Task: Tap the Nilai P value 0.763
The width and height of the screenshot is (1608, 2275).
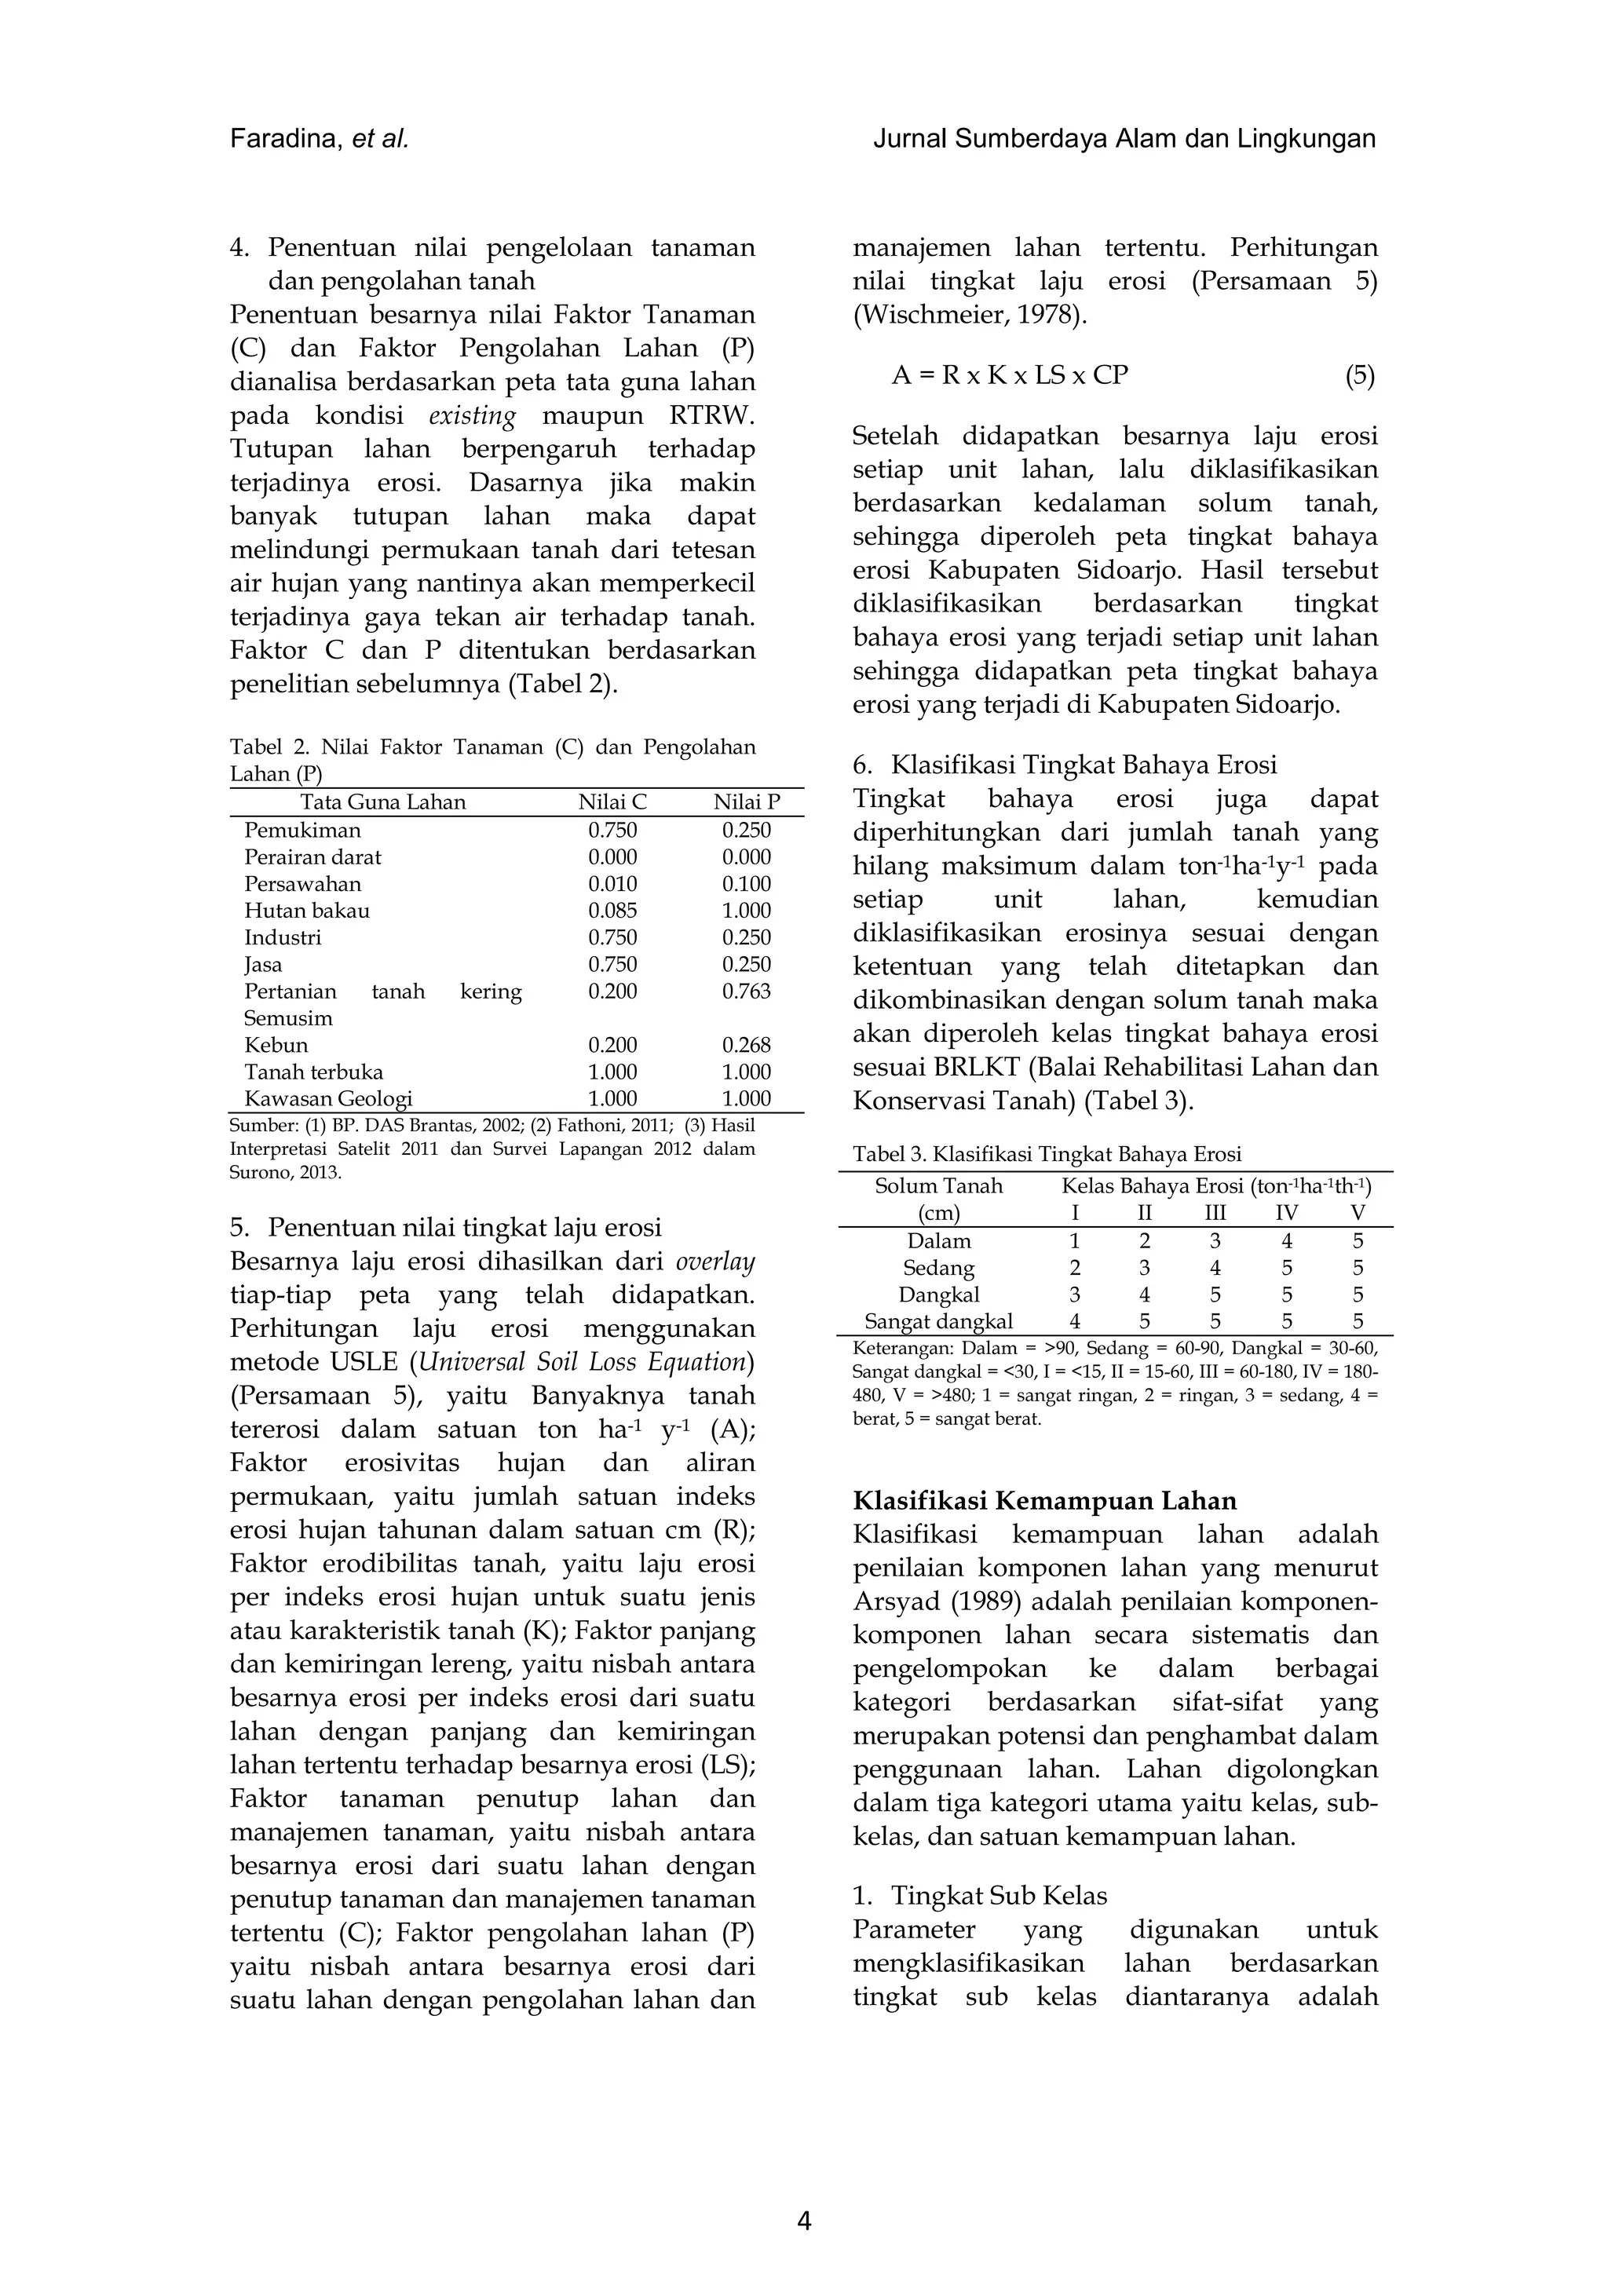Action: pyautogui.click(x=746, y=991)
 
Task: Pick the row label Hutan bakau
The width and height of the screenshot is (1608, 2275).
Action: pyautogui.click(x=306, y=911)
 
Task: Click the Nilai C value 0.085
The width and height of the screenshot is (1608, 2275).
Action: pyautogui.click(x=612, y=911)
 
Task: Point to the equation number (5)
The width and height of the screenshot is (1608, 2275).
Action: pyautogui.click(x=1359, y=375)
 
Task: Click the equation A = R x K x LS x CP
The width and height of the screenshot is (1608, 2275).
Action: pyautogui.click(x=1010, y=375)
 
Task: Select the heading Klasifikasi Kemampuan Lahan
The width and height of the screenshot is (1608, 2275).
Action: pyautogui.click(x=1044, y=1501)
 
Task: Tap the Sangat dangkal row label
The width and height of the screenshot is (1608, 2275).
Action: pyautogui.click(x=938, y=1322)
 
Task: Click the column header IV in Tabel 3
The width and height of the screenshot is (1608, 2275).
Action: pyautogui.click(x=1286, y=1213)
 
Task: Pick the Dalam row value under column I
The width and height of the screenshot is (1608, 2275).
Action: pyautogui.click(x=1075, y=1240)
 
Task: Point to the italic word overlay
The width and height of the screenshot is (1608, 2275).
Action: pyautogui.click(x=714, y=1262)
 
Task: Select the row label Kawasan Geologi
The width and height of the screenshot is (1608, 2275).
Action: pyautogui.click(x=328, y=1099)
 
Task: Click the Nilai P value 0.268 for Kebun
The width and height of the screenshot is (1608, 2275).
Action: pyautogui.click(x=746, y=1046)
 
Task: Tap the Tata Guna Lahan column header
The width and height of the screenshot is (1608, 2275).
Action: pyautogui.click(x=382, y=802)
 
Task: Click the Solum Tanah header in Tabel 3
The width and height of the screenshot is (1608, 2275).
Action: pyautogui.click(x=938, y=1186)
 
